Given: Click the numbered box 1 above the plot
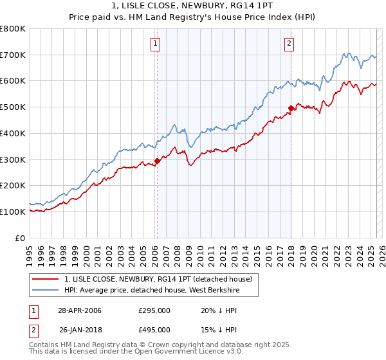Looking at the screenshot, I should click(x=156, y=44).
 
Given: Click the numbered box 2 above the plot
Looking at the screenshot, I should click(x=289, y=44).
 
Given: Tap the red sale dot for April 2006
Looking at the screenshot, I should click(x=157, y=161).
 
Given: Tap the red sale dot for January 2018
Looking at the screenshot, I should click(x=291, y=109).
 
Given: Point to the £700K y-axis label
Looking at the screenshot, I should click(x=13, y=55).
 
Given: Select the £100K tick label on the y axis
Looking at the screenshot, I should click(x=13, y=212).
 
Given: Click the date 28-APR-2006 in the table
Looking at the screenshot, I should click(x=80, y=310).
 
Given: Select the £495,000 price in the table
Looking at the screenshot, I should click(x=154, y=330).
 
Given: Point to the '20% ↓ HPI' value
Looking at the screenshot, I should click(x=219, y=310).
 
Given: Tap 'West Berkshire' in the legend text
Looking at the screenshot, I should click(x=223, y=290).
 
